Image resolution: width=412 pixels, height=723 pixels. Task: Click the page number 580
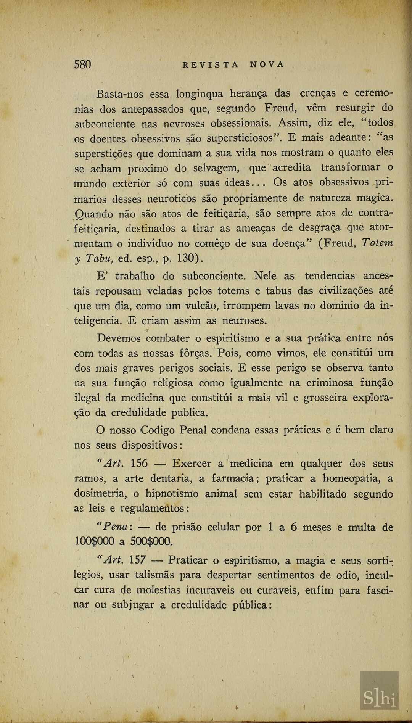click(x=82, y=64)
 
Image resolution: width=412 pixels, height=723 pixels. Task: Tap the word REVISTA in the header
click(x=211, y=64)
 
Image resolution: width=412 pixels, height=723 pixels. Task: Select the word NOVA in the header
click(x=267, y=64)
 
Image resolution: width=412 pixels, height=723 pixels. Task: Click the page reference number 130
click(x=186, y=258)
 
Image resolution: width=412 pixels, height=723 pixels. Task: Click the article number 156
click(x=139, y=464)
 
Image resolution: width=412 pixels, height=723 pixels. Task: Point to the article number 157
click(x=137, y=560)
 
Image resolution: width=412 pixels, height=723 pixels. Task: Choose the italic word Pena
click(x=115, y=527)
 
